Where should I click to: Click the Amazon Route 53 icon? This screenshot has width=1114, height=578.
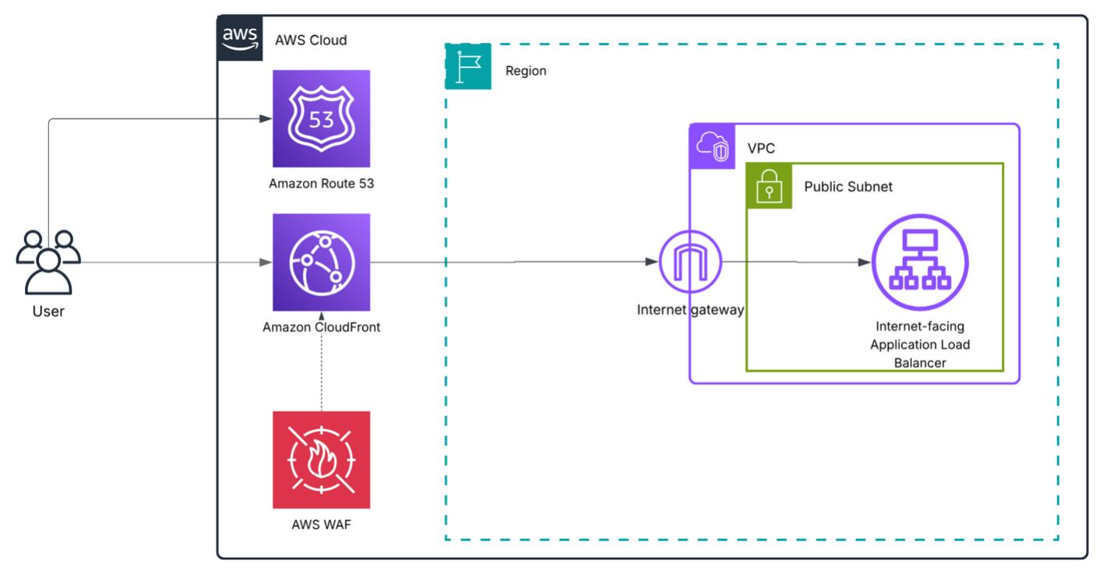pos(321,118)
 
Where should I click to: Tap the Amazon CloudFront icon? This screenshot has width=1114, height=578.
pos(321,263)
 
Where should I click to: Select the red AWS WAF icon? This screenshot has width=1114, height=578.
pos(321,460)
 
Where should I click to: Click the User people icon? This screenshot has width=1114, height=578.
pos(48,261)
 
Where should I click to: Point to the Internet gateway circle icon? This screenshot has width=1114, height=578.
pos(690,263)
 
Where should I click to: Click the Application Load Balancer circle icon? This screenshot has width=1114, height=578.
pos(920,263)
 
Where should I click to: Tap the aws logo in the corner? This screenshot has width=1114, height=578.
pos(240,37)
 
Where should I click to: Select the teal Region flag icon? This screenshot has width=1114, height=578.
pos(468,67)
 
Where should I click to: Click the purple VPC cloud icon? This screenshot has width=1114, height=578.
pos(712,146)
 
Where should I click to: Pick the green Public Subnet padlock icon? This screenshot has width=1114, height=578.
pos(769,186)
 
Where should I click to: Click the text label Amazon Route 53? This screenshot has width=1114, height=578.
pos(321,184)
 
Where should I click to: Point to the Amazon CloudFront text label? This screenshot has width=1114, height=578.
pos(321,327)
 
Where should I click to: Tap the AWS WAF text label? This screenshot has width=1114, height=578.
pos(321,524)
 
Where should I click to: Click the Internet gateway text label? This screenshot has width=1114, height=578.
pos(690,310)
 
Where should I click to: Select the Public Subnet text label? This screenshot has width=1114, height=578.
pos(848,187)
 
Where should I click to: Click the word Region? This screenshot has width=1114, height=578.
pos(526,71)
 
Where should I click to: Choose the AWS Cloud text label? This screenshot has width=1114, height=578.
pos(311,40)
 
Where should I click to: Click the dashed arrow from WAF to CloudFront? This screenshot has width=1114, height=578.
pos(321,366)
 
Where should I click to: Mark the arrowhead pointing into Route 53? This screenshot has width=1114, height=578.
pos(266,119)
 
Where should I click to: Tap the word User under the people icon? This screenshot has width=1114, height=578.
pos(48,312)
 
